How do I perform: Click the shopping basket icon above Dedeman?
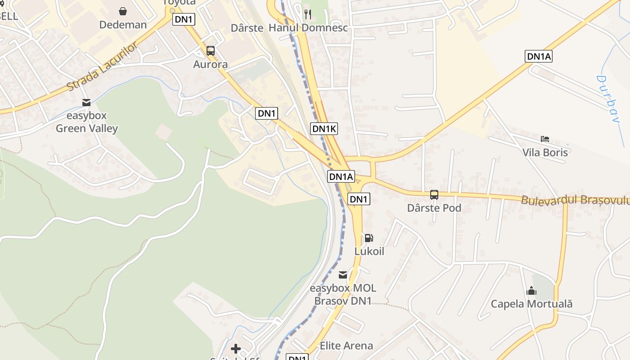123,11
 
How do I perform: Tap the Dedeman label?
123,25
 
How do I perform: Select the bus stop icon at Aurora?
210,51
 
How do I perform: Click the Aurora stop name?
210,64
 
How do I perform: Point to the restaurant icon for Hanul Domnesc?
308,14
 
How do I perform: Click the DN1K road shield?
324,129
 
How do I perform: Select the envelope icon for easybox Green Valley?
86,103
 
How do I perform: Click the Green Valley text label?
86,129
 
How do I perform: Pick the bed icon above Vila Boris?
545,139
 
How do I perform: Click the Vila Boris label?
545,152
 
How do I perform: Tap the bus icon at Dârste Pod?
434,195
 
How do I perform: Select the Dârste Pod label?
434,208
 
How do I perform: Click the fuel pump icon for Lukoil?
369,238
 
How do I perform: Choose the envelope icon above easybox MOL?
343,274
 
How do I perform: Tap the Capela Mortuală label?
531,304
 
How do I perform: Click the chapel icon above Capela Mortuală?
531,291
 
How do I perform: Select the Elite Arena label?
346,346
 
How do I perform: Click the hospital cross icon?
236,349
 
